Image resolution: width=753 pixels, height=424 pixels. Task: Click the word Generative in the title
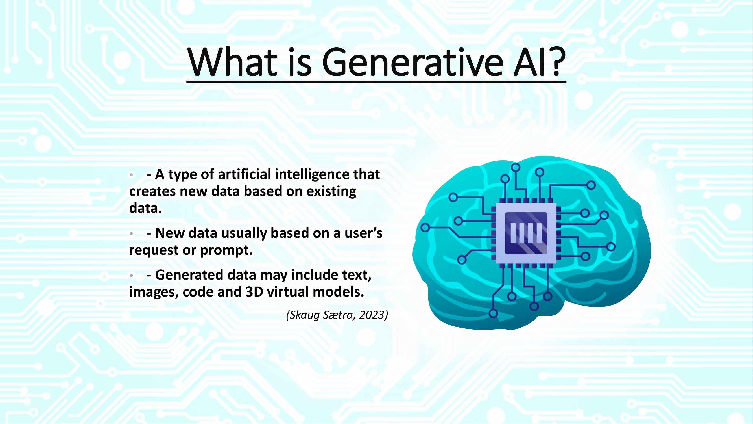click(413, 62)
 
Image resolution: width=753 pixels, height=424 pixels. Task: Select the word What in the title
click(232, 62)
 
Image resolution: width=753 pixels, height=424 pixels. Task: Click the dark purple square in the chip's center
click(526, 233)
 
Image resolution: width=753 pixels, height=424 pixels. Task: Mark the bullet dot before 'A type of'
click(132, 175)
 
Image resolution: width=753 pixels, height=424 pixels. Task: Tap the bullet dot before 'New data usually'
click(132, 234)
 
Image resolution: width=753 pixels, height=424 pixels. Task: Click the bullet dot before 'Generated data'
click(132, 275)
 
